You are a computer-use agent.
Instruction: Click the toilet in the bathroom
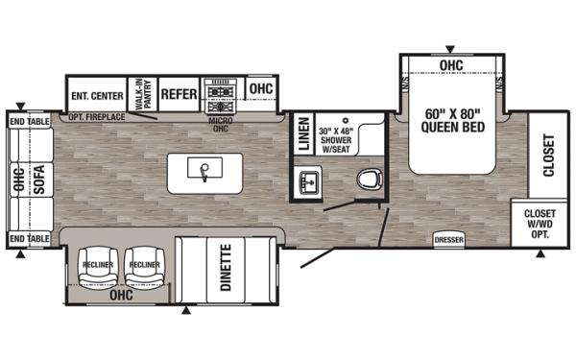(370, 180)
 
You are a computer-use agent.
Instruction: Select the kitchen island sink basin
(204, 167)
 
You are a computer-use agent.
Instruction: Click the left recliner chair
(98, 268)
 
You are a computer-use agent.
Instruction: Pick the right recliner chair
(145, 268)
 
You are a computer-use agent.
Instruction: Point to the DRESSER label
(449, 240)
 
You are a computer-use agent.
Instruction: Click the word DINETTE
(226, 268)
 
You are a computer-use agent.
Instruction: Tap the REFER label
(180, 94)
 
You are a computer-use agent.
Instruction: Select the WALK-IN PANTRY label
(143, 94)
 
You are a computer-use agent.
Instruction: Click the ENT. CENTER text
(97, 96)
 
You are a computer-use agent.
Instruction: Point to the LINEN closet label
(304, 133)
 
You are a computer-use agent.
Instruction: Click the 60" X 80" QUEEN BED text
(453, 121)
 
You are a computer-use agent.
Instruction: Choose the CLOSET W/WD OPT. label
(540, 224)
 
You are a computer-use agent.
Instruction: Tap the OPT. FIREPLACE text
(97, 117)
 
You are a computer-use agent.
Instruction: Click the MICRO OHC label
(221, 125)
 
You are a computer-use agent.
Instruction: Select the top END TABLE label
(30, 122)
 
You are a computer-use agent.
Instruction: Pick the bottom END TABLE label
(30, 239)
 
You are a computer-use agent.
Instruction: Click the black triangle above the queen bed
(450, 49)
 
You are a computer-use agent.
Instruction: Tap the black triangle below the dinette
(186, 311)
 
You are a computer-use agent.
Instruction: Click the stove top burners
(221, 95)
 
